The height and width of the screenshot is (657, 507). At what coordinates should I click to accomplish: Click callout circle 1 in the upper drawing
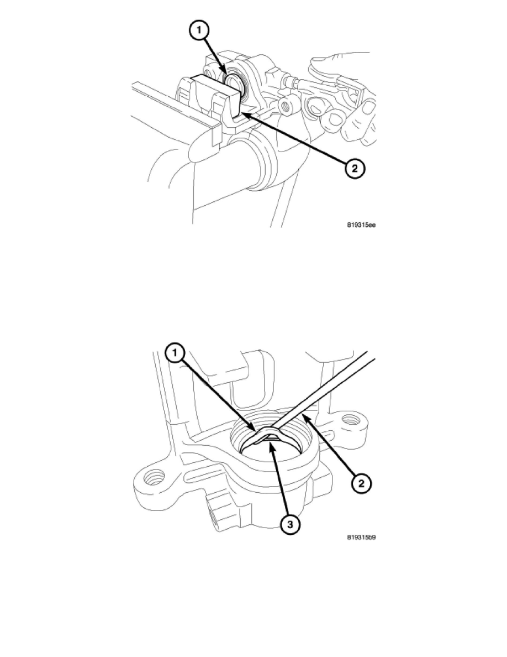(x=199, y=30)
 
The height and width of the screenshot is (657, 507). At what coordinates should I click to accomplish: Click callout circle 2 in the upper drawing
(x=355, y=169)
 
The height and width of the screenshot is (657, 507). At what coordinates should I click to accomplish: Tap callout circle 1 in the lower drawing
(x=176, y=353)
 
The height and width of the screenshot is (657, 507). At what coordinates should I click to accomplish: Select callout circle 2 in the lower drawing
(x=361, y=483)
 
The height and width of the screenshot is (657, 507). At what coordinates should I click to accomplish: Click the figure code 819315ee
(x=361, y=225)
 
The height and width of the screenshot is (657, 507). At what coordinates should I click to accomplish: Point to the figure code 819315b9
(x=361, y=537)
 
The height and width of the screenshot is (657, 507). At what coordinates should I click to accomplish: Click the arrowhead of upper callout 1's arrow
(x=226, y=75)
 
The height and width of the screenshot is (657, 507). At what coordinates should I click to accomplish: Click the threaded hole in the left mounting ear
(x=153, y=478)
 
